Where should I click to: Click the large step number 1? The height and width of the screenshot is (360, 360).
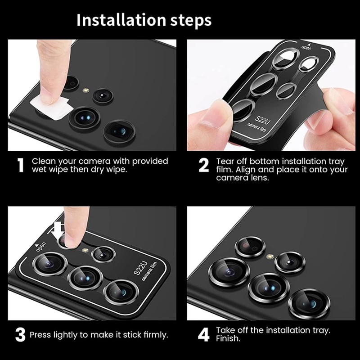pyautogui.click(x=21, y=165)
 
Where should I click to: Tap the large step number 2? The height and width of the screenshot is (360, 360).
pyautogui.click(x=204, y=165)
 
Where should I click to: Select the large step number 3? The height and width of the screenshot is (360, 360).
pyautogui.click(x=20, y=334)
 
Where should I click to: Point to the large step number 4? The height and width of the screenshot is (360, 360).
pyautogui.click(x=204, y=334)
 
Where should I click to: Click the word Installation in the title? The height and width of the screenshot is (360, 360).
pyautogui.click(x=121, y=20)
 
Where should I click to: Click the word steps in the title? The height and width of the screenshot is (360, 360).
pyautogui.click(x=191, y=21)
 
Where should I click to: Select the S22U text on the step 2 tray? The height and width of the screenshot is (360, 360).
pyautogui.click(x=262, y=120)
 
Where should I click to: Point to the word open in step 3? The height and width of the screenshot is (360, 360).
pyautogui.click(x=41, y=247)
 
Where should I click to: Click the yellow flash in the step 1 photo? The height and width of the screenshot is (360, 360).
pyautogui.click(x=86, y=90)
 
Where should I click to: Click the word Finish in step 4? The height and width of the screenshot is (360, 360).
pyautogui.click(x=228, y=338)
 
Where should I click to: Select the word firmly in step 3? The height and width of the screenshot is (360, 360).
pyautogui.click(x=156, y=335)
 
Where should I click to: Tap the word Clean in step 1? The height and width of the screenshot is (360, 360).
pyautogui.click(x=43, y=161)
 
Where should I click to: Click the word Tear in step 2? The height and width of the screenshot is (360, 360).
pyautogui.click(x=225, y=162)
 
